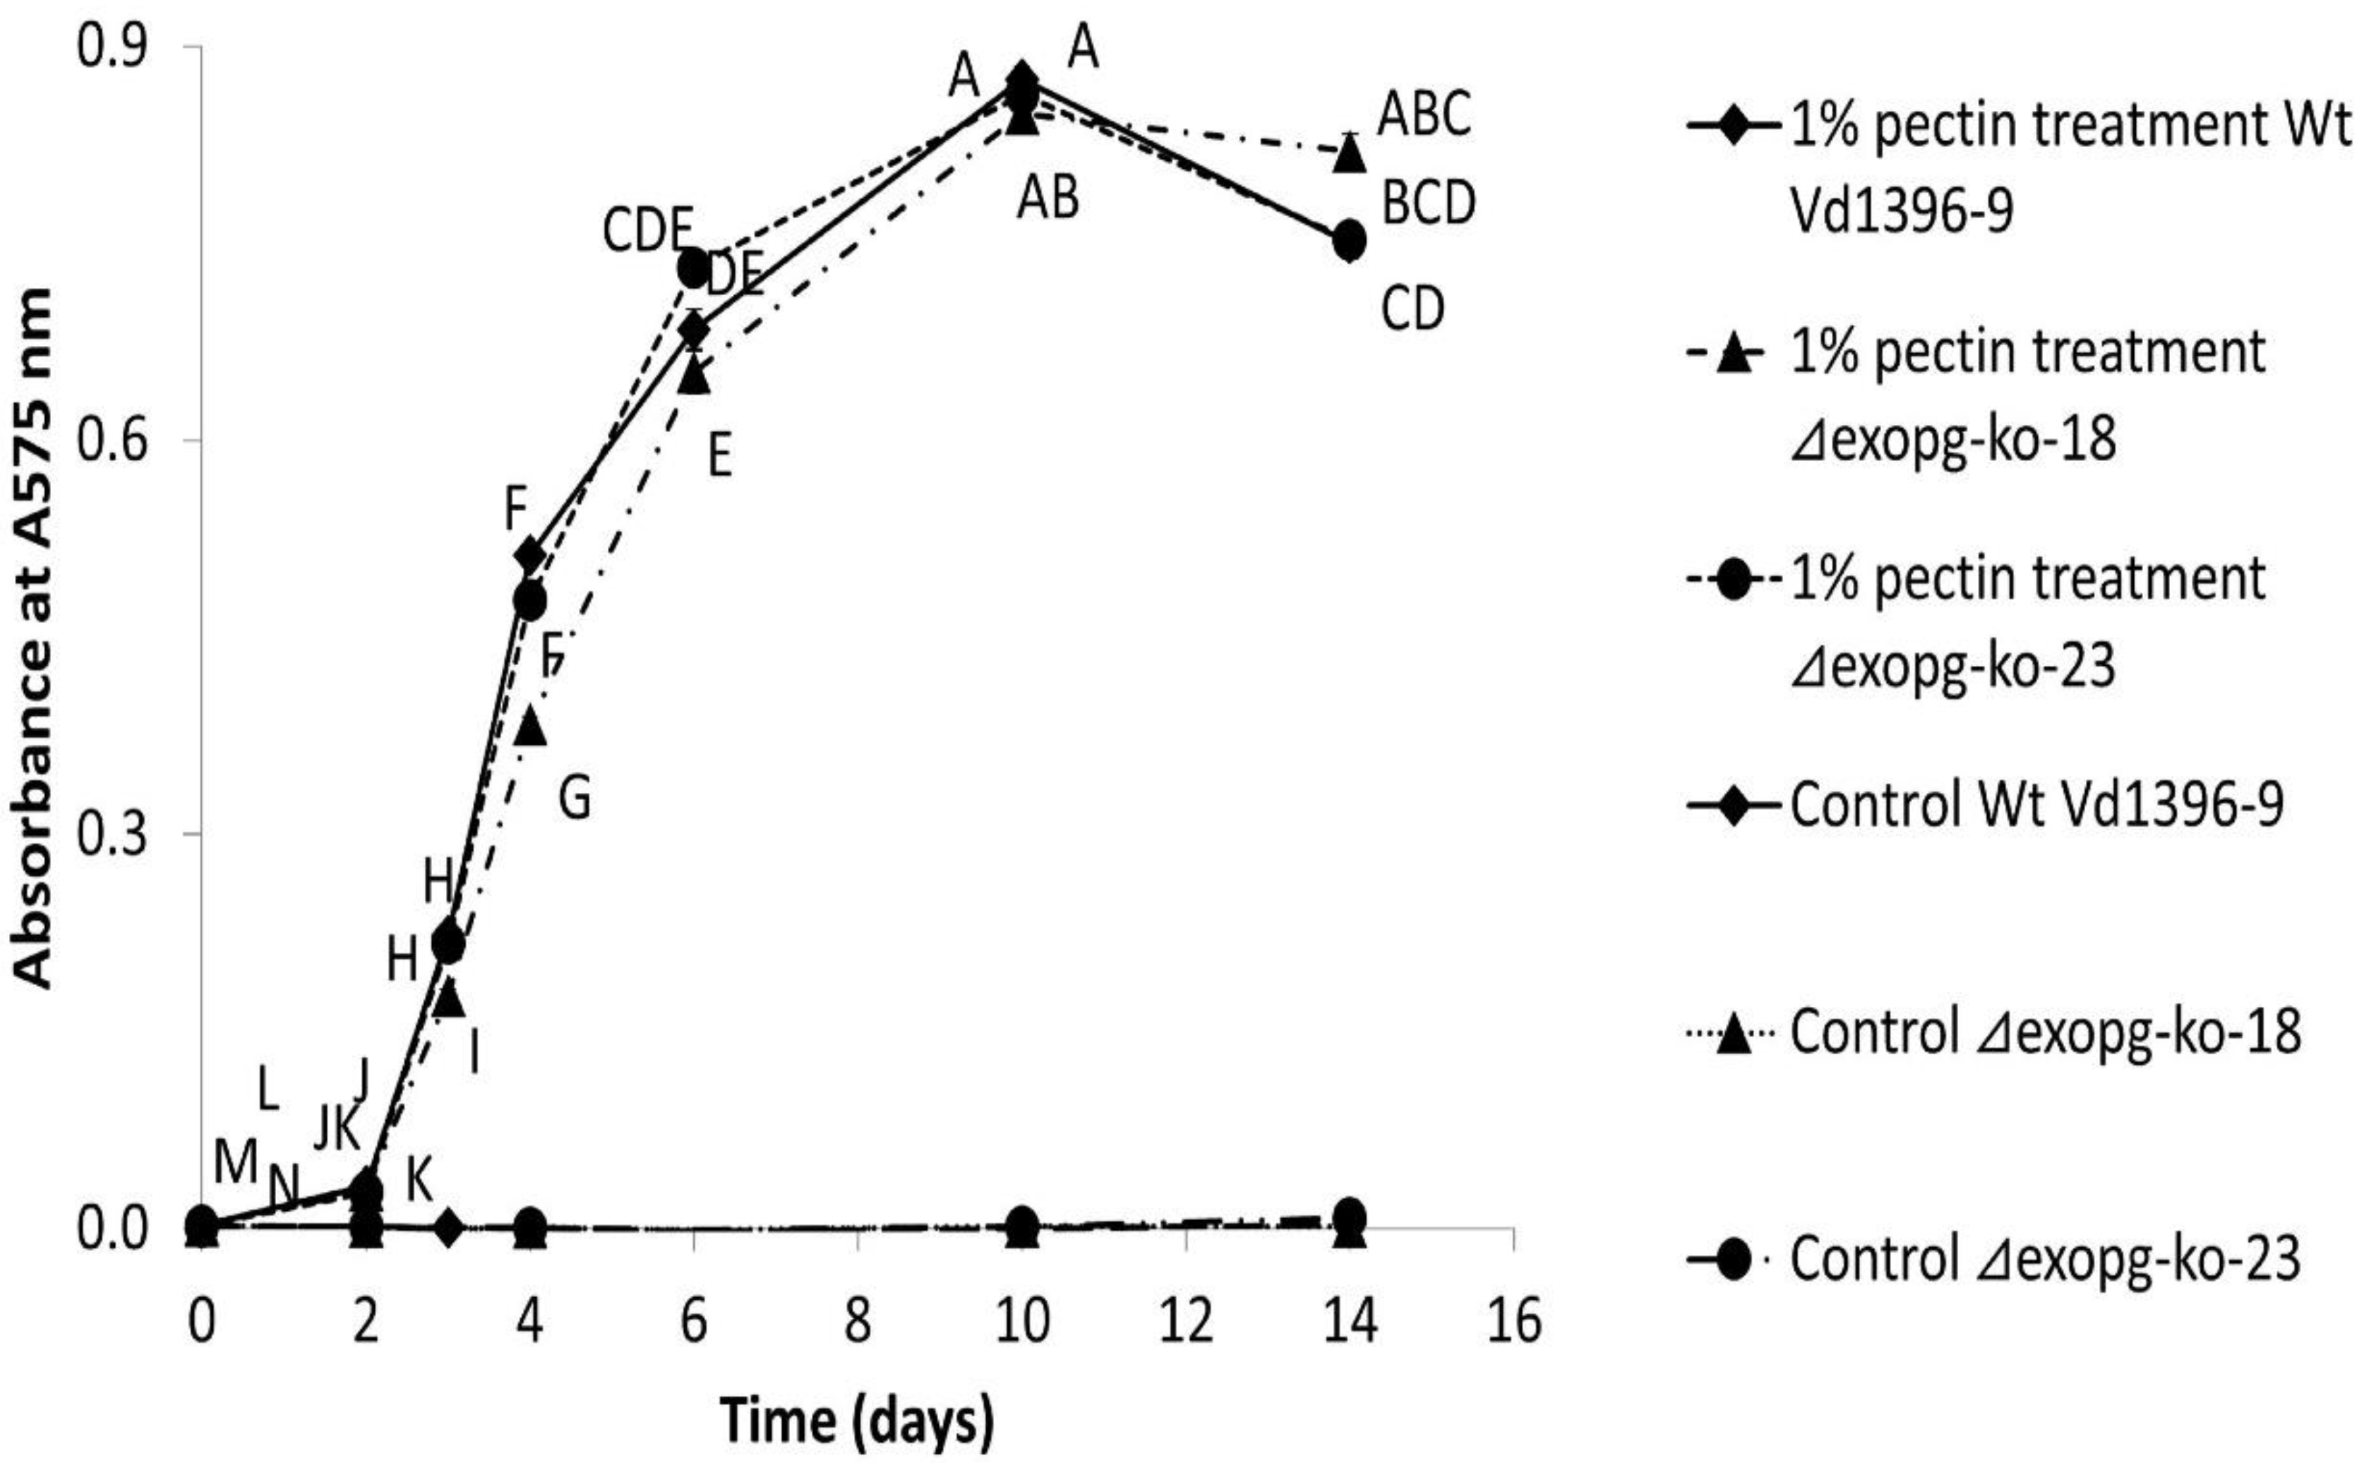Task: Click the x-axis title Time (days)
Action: [x=857, y=1421]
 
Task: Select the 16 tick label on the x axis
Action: [x=1513, y=1321]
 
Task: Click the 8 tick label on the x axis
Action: [x=857, y=1321]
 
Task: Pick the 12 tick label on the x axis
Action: [x=1186, y=1321]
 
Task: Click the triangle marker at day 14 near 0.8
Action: [x=1350, y=153]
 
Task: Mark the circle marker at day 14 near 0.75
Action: [x=1350, y=240]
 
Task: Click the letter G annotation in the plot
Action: [x=575, y=800]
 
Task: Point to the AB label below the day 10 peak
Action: [x=1047, y=201]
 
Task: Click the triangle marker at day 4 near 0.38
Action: [x=530, y=726]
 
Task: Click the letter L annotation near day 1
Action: [x=268, y=1090]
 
